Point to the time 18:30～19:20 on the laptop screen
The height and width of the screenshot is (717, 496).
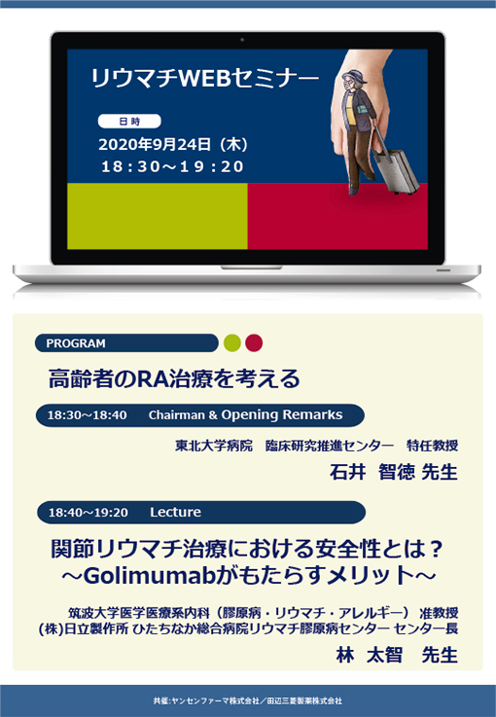[172, 166]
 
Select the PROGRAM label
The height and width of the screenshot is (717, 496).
[76, 342]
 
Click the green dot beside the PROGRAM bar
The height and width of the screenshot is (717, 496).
[231, 342]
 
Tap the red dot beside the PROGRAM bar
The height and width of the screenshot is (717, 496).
[254, 342]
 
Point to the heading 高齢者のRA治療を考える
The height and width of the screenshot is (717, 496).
[174, 376]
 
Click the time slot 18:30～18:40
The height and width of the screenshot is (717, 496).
[88, 415]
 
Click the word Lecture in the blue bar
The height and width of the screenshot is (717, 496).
[175, 513]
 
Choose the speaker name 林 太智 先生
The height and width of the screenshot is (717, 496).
[394, 655]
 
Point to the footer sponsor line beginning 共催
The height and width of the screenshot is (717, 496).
[247, 699]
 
